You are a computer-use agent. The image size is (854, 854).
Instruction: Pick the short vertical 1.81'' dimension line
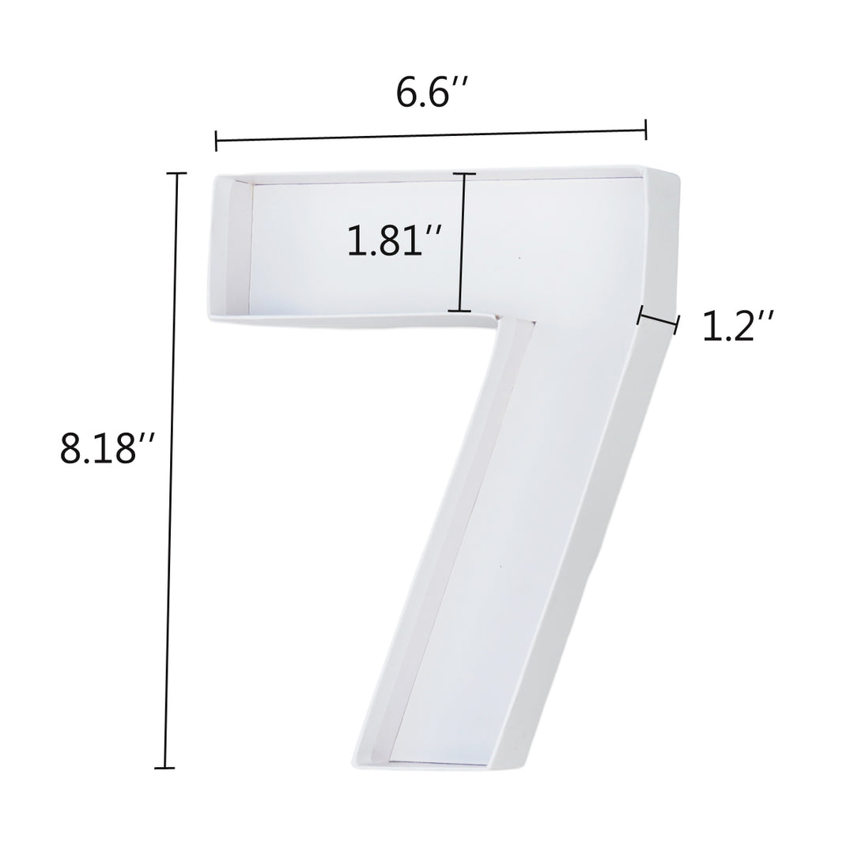click(x=463, y=242)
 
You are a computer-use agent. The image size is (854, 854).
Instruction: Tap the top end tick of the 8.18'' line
click(x=176, y=173)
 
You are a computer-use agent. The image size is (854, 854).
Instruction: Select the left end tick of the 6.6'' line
click(x=216, y=142)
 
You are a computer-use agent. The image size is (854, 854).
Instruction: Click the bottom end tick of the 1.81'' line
click(x=459, y=311)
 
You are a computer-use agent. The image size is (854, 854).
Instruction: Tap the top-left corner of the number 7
click(x=213, y=176)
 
